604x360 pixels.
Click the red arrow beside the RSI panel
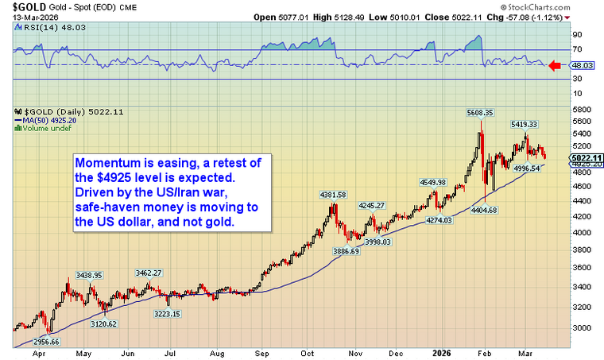556,66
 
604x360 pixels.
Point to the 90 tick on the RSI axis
577,34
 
